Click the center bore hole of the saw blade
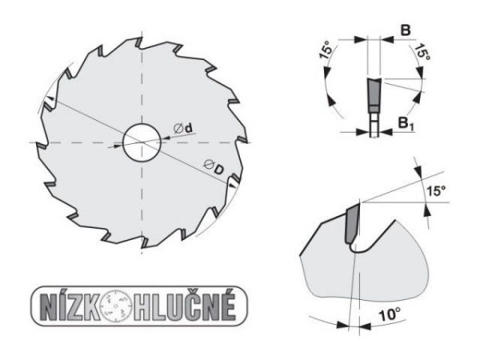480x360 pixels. click(140, 142)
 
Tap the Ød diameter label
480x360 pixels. click(184, 128)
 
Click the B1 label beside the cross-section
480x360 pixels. click(406, 123)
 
